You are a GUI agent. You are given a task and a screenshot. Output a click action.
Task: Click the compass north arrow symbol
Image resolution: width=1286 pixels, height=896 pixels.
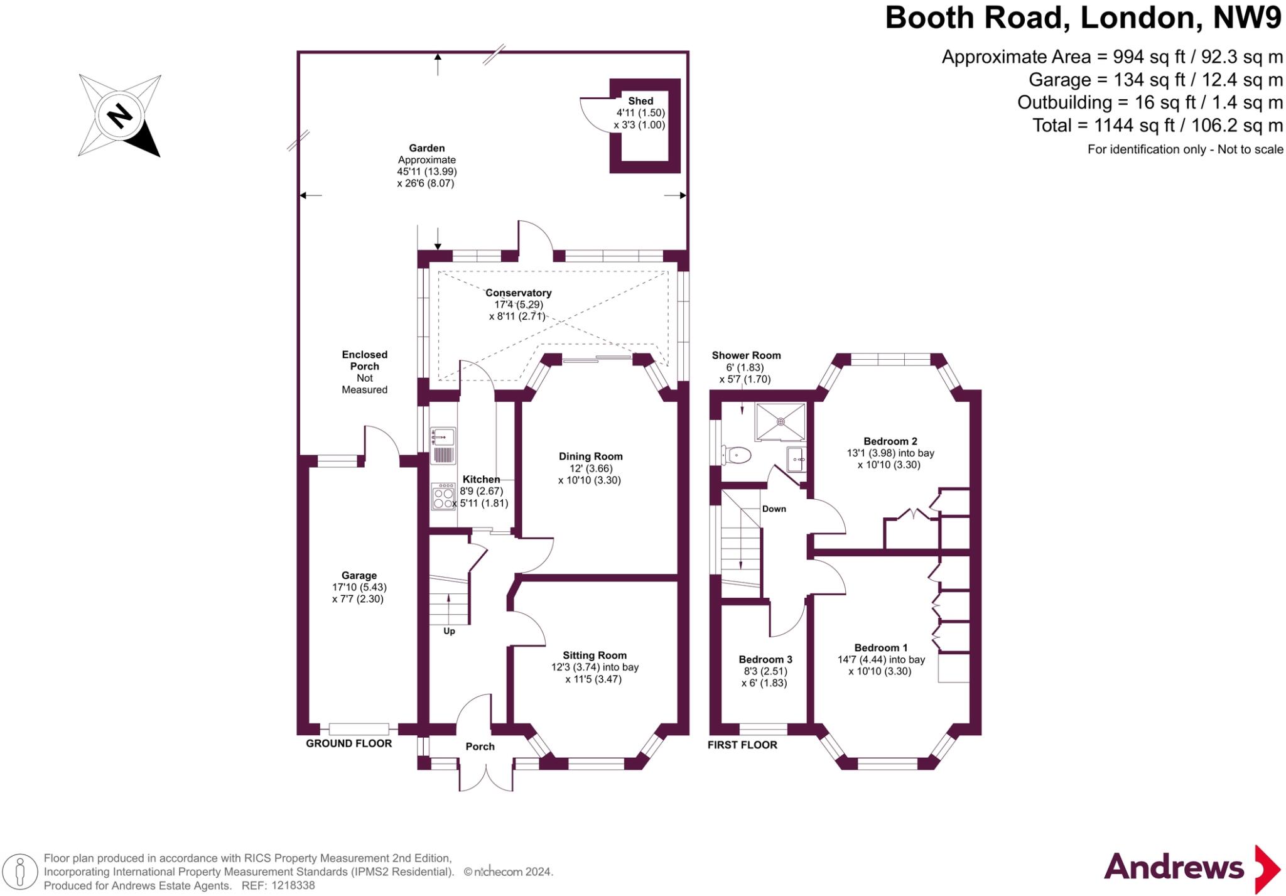(119, 116)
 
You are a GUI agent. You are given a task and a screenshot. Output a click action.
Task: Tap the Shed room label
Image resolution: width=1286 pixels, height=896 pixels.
(640, 100)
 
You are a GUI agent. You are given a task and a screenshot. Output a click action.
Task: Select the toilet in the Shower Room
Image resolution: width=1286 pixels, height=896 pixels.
(736, 455)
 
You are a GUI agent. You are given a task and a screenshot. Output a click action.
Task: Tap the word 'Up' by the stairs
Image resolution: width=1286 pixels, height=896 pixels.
(449, 631)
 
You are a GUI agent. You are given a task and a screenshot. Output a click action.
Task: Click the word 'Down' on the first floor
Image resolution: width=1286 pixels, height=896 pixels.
(774, 509)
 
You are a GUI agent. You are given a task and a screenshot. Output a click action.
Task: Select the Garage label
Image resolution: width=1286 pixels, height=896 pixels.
(359, 575)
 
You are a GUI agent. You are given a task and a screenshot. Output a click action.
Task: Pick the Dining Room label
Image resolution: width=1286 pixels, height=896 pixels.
(591, 456)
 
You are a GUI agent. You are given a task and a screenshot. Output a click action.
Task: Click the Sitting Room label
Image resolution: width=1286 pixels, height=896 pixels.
(595, 656)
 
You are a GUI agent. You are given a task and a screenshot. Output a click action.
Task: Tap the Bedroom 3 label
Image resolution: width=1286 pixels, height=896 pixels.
(765, 659)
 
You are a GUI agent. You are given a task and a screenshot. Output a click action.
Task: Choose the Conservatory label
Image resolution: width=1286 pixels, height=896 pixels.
(519, 293)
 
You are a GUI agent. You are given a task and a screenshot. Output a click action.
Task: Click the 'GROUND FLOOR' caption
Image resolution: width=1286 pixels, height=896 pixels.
(349, 743)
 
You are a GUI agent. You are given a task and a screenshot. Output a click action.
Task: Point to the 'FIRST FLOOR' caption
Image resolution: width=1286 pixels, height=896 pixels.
(742, 745)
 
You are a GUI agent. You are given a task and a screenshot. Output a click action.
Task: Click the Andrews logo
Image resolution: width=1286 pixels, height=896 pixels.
(1192, 869)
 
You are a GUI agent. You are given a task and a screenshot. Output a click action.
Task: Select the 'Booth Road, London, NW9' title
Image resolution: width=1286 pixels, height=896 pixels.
(1083, 18)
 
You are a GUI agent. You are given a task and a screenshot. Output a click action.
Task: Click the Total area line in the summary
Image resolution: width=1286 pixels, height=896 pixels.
(1158, 126)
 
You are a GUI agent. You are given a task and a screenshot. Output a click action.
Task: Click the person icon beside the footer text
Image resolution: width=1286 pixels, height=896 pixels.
(20, 872)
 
